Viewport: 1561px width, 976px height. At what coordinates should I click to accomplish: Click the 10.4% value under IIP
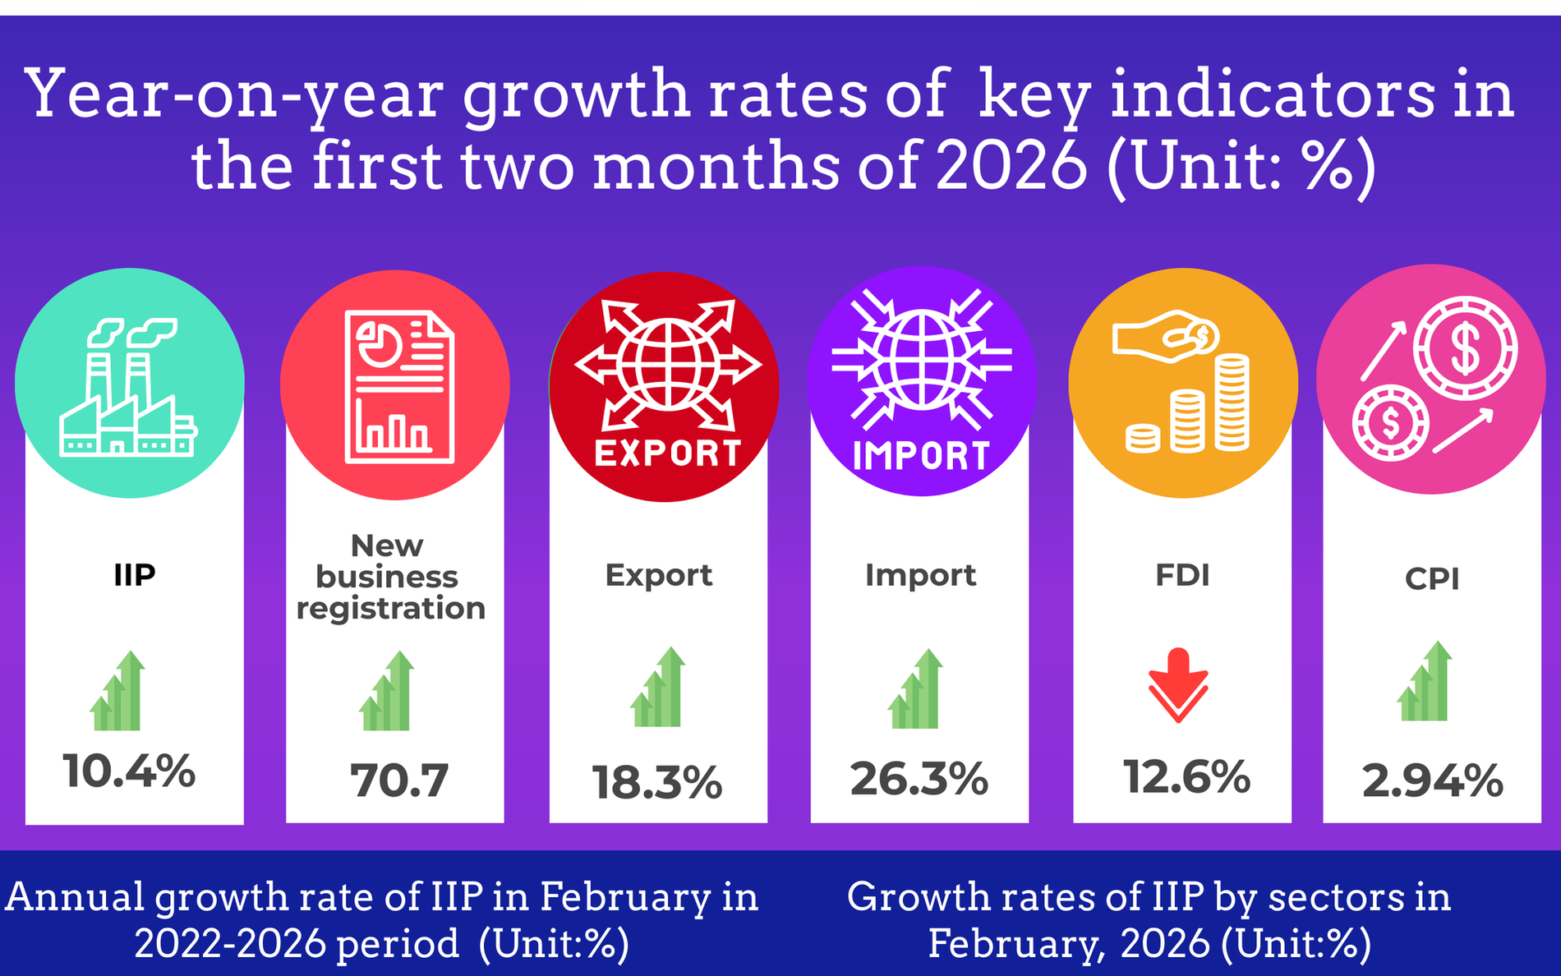tap(130, 771)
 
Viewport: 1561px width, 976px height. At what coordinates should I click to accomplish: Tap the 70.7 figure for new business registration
tap(399, 780)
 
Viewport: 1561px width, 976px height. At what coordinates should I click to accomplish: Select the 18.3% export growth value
tap(656, 781)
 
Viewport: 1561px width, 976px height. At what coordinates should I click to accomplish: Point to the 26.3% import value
tap(919, 778)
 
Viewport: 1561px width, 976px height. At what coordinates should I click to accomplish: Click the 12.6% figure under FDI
tap(1186, 776)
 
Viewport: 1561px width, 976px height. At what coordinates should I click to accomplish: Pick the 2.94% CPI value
tap(1432, 780)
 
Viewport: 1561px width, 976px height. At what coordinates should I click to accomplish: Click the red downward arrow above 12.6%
tap(1178, 684)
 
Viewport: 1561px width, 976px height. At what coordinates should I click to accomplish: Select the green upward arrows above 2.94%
tap(1425, 682)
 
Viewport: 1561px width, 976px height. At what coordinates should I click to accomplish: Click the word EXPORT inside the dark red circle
tap(667, 453)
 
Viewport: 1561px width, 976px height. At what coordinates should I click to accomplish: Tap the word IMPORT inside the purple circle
tap(922, 456)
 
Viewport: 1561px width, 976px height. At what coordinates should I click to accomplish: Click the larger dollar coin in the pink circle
tap(1465, 348)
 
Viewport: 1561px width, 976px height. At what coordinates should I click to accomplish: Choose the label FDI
tap(1182, 575)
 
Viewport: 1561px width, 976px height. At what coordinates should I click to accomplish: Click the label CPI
tap(1432, 579)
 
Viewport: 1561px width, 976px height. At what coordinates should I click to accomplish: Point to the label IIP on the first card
tap(135, 575)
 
